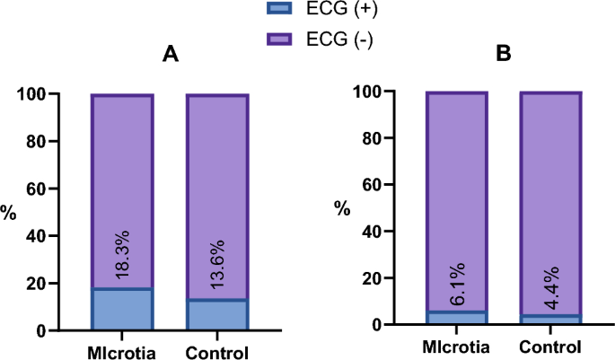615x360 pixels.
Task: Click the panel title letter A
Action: click(170, 55)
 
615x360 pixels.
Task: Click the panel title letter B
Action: click(505, 55)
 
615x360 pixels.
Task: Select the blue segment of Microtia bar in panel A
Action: click(122, 310)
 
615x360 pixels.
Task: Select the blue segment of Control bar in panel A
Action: click(217, 315)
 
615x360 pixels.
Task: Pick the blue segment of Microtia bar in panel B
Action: click(456, 318)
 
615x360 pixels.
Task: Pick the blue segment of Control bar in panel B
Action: click(551, 320)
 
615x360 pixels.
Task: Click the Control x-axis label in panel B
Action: click(551, 347)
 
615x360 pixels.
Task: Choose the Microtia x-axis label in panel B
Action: click(456, 347)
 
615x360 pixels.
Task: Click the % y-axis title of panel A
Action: click(9, 214)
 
